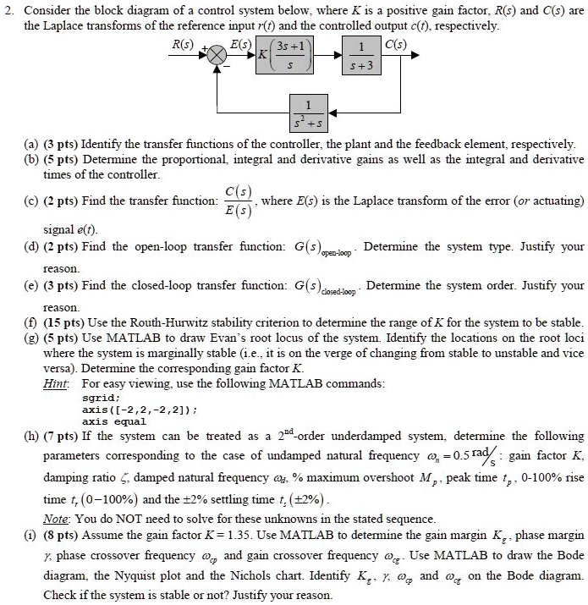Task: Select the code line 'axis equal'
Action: click(x=113, y=421)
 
